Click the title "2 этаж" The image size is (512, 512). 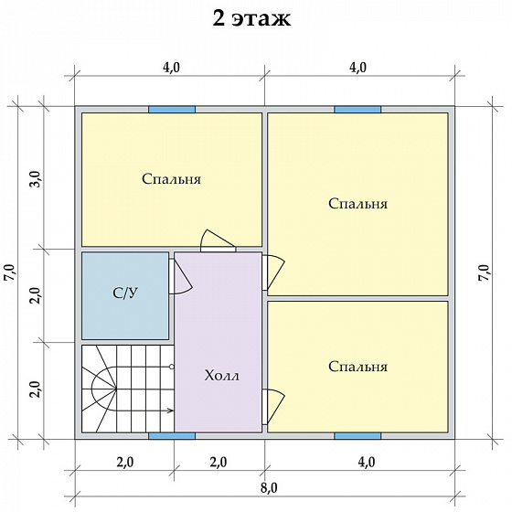coord(251,18)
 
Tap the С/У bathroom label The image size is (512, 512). coord(125,293)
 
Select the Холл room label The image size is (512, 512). coord(221,376)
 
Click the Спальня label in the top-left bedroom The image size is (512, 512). coord(172,179)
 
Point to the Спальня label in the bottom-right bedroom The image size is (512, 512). coord(357,367)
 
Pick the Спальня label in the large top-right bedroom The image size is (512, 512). coord(357,203)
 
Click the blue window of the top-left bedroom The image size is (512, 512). coord(172,110)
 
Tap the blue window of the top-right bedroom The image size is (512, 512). coord(357,110)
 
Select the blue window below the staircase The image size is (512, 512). coord(172,436)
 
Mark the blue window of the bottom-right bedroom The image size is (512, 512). coord(357,436)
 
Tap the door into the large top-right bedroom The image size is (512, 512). coord(273,272)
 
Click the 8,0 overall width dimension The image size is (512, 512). coord(269,488)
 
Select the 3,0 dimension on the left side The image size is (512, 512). coord(37,178)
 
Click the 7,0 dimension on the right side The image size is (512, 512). coord(485,272)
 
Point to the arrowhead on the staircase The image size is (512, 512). coord(170,411)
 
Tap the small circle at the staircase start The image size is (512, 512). coord(172,367)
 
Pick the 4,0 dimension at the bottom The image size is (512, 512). coord(367,462)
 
